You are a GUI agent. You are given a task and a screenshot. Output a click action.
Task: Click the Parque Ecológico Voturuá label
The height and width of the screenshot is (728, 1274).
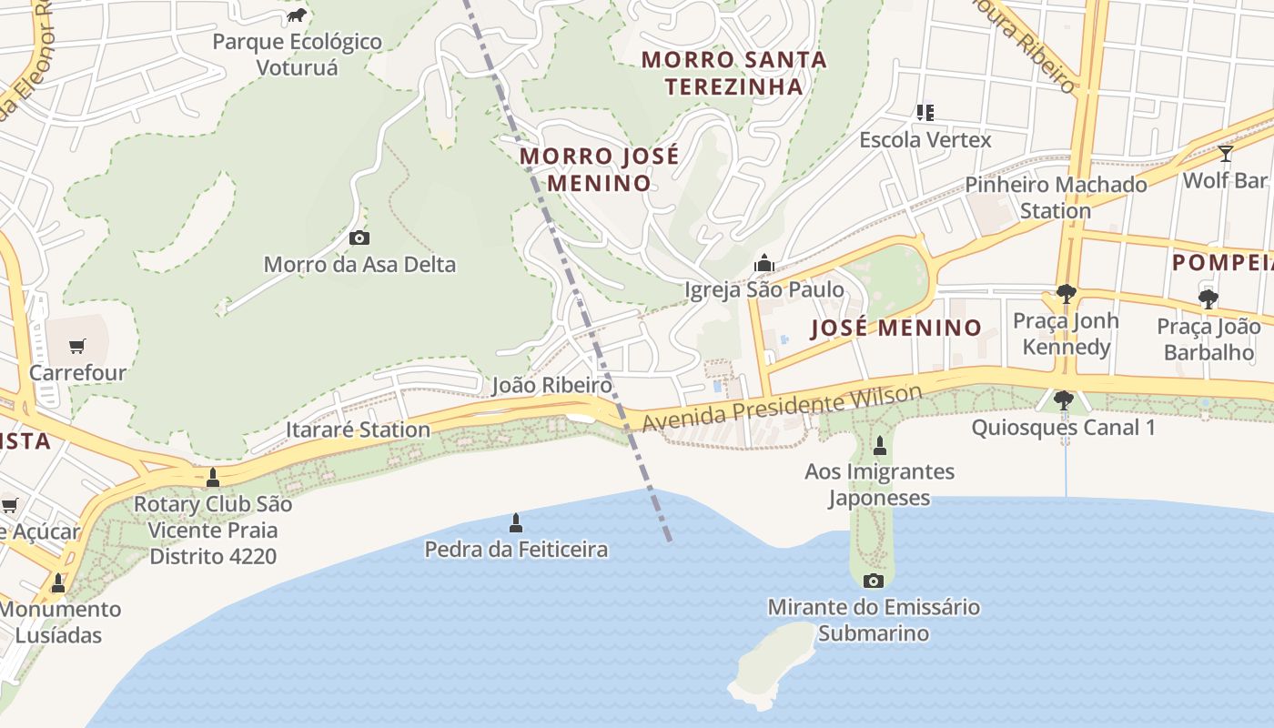click(x=297, y=55)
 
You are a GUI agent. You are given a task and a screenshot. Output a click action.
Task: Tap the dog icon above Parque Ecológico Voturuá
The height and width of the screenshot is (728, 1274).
click(x=297, y=15)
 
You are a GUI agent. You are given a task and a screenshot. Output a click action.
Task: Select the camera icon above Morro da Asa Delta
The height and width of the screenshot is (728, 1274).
click(x=359, y=238)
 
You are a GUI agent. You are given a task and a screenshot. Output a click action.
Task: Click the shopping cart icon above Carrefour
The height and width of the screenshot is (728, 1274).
click(x=77, y=346)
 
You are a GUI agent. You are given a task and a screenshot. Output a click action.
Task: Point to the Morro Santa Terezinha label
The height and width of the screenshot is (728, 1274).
click(x=733, y=73)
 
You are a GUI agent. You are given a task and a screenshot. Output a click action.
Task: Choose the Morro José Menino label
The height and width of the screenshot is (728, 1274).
click(x=599, y=169)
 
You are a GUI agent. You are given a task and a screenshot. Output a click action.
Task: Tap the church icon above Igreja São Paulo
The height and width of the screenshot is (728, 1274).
click(x=763, y=263)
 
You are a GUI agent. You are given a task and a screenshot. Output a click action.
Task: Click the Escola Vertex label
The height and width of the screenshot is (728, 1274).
click(x=925, y=140)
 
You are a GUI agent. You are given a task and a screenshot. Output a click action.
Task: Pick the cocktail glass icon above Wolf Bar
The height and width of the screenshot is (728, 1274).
click(x=1225, y=154)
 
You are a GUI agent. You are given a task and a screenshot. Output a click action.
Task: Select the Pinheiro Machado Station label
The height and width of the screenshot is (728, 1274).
click(x=1056, y=197)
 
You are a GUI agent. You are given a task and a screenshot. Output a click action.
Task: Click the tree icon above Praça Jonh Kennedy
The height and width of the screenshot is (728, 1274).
click(x=1066, y=294)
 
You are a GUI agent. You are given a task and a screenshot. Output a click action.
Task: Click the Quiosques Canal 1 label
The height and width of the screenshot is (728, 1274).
click(x=1063, y=427)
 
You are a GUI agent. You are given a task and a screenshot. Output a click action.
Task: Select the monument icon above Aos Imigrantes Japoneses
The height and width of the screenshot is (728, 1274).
click(x=879, y=446)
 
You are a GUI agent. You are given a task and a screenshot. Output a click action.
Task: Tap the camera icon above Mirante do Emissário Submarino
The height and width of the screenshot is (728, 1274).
click(x=873, y=581)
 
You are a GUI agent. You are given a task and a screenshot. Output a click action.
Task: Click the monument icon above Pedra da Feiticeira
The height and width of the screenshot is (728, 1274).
click(x=516, y=523)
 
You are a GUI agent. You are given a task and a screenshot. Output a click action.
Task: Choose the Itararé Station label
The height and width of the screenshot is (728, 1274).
click(x=358, y=430)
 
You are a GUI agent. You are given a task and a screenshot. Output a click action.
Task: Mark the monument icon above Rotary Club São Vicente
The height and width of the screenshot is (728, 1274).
click(x=213, y=478)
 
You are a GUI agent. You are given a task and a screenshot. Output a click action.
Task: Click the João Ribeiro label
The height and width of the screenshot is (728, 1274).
click(x=551, y=385)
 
